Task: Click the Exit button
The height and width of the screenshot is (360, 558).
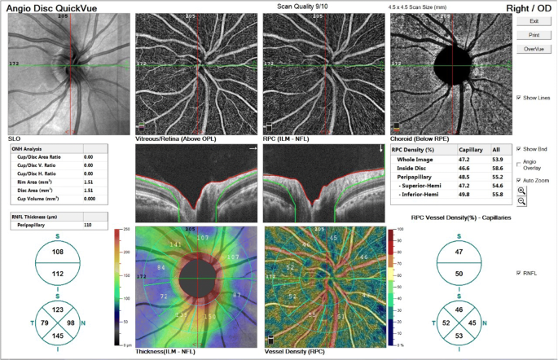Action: [x=534, y=21]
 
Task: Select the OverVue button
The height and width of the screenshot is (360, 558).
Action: [x=534, y=49]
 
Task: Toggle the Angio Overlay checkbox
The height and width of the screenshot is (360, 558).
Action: [x=519, y=162]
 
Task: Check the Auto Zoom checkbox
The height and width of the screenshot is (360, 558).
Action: [x=519, y=180]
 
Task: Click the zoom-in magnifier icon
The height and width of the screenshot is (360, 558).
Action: [x=521, y=191]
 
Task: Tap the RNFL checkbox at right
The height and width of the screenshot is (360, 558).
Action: [x=519, y=273]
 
